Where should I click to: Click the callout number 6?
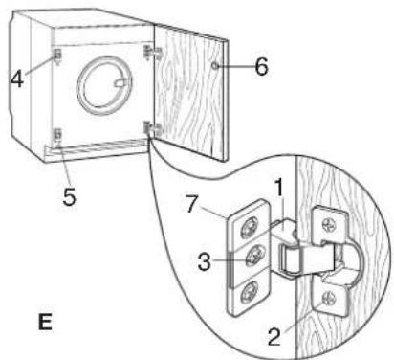(261, 67)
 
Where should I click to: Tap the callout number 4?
(16, 79)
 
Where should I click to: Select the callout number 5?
(69, 196)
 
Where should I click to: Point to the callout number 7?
(191, 204)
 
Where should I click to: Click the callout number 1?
(279, 187)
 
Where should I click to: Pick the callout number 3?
(205, 261)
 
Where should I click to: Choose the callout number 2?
(274, 336)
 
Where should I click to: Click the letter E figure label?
(45, 323)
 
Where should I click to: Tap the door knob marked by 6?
(215, 66)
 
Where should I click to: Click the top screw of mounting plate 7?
(250, 228)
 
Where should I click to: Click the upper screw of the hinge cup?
(329, 226)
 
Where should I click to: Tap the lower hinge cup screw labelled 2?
(329, 299)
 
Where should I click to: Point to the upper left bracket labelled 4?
(57, 56)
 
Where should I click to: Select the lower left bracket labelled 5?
(58, 135)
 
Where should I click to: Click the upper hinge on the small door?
(154, 53)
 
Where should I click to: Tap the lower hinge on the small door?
(153, 129)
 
